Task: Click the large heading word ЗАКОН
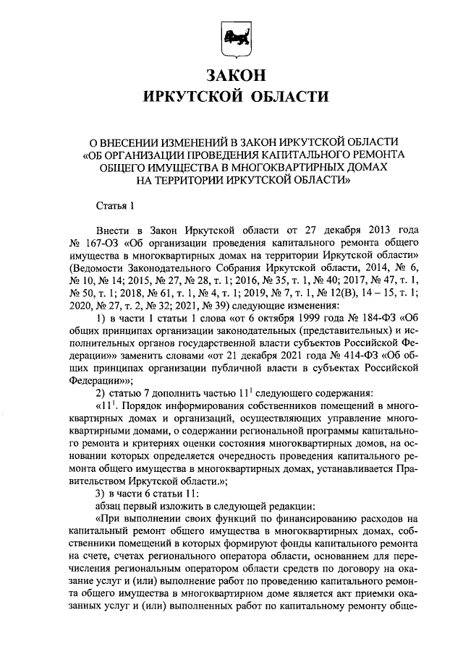pyautogui.click(x=231, y=74)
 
